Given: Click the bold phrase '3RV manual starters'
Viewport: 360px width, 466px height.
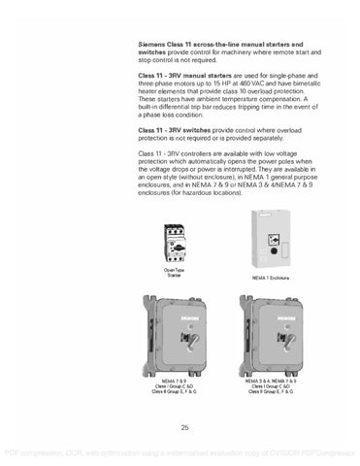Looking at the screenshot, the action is (x=198, y=75).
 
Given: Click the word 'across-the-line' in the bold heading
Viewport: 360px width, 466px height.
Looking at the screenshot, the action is (x=220, y=45).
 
